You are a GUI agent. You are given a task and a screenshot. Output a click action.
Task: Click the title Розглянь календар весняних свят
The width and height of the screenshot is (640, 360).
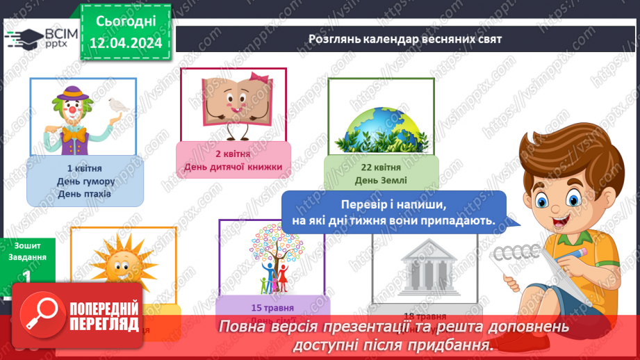[405, 39]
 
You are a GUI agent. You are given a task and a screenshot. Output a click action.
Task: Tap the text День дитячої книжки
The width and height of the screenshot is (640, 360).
[233, 166]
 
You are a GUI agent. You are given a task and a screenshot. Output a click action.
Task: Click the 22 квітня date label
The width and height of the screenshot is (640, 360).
[381, 167]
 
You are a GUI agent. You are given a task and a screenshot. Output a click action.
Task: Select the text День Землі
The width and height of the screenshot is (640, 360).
[381, 180]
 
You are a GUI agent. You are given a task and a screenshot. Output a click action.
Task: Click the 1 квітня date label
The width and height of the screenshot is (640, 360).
[85, 168]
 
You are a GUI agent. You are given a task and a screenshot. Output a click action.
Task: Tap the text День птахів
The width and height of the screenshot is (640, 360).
[85, 194]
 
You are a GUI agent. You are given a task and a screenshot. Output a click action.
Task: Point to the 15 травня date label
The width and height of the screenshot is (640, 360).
[272, 308]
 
